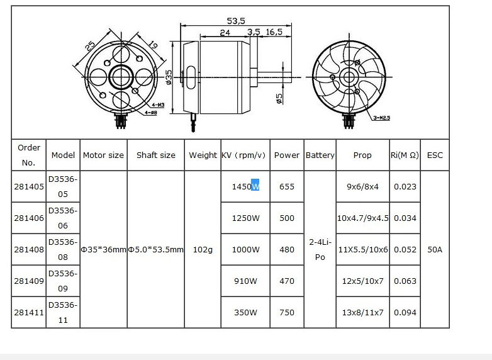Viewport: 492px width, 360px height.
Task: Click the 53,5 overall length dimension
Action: coord(236,21)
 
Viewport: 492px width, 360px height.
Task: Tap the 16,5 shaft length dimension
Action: coord(274,32)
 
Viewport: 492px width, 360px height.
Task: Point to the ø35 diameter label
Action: coord(169,77)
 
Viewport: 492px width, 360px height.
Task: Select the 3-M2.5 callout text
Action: coord(381,118)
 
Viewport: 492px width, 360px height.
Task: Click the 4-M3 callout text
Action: coord(158,105)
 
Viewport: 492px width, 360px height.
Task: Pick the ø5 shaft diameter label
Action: coord(279,99)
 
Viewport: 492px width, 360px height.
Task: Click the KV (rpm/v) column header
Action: coord(243,155)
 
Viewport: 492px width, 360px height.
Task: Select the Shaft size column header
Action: coord(156,155)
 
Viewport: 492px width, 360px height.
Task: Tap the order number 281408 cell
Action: coord(29,249)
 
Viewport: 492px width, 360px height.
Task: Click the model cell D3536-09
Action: coord(63,281)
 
